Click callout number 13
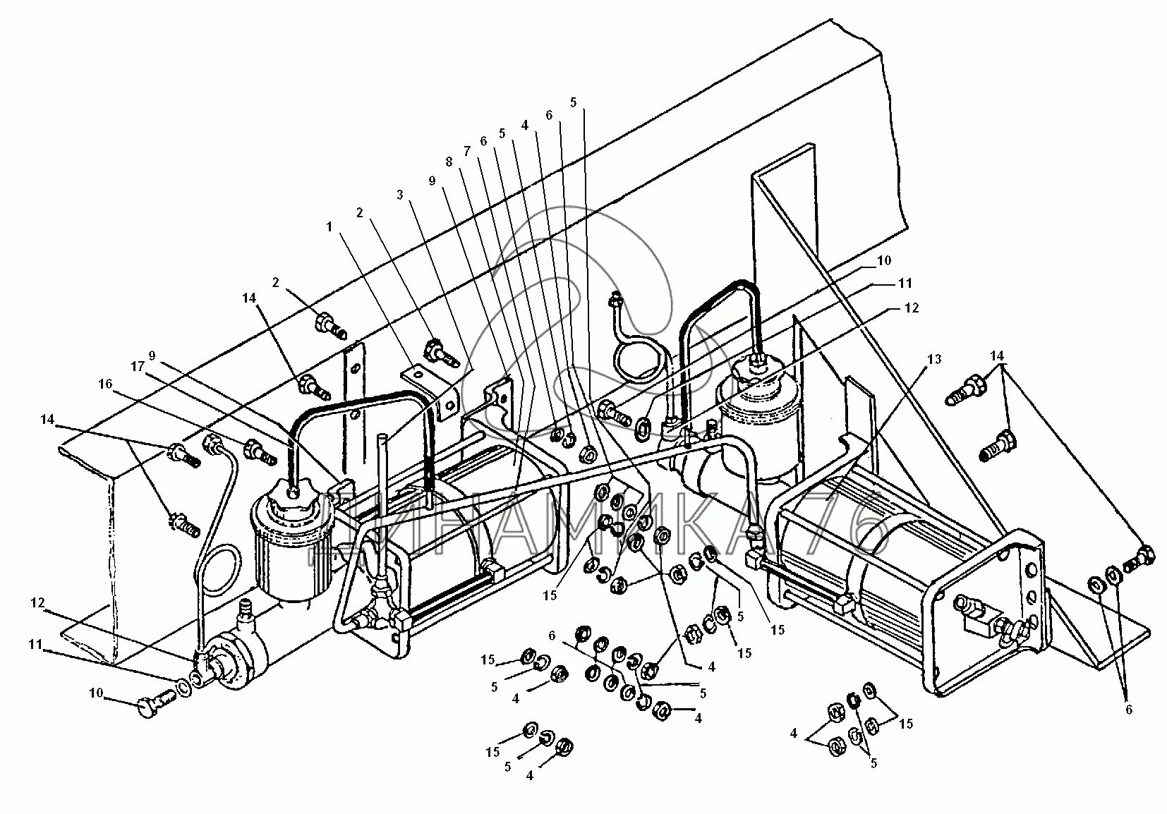pyautogui.click(x=933, y=360)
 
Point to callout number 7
pyautogui.click(x=466, y=151)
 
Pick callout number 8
pyautogui.click(x=449, y=161)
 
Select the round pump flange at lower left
pyautogui.click(x=231, y=668)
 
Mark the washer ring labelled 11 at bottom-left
pyautogui.click(x=182, y=686)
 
